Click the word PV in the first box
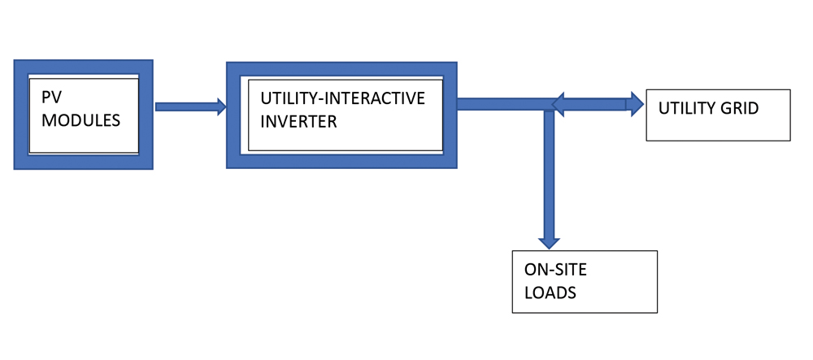51,98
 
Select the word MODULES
80,120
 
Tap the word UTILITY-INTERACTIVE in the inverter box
342,98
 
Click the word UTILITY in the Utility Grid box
685,108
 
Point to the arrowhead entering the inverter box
220,106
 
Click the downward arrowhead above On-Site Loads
550,241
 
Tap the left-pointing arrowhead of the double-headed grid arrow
559,103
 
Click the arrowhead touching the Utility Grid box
635,103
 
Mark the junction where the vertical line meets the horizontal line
550,104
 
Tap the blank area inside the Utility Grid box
732,128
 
